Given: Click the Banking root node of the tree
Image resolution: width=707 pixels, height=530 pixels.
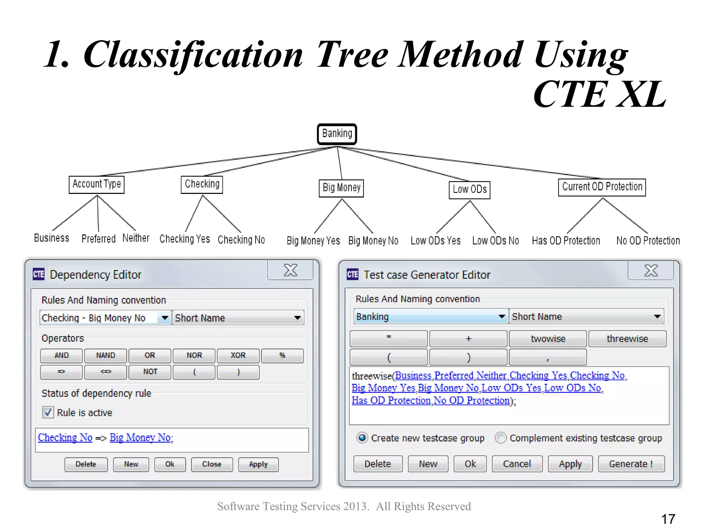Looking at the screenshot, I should tap(337, 134).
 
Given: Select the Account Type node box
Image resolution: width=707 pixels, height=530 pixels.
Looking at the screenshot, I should tap(97, 185).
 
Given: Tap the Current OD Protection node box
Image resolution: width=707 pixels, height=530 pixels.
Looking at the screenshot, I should tap(602, 187).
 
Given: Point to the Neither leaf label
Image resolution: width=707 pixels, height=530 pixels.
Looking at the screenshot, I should tap(136, 238).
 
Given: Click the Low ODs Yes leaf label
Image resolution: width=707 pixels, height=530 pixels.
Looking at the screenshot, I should tap(435, 241).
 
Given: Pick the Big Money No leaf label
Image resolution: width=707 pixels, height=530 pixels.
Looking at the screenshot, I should tap(373, 241).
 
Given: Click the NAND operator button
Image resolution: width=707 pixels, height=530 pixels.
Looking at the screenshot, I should tap(106, 355).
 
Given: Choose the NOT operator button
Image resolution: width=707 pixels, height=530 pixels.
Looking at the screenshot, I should tap(150, 372).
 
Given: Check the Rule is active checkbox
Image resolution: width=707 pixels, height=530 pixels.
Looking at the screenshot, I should tap(48, 412).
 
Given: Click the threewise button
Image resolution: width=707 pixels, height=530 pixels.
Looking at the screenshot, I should tap(627, 339).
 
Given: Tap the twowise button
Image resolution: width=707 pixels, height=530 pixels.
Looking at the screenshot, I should tap(548, 339).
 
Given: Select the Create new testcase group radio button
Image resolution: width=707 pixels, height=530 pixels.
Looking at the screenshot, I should tap(362, 438).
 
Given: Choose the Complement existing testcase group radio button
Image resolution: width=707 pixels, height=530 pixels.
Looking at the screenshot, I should tap(501, 438).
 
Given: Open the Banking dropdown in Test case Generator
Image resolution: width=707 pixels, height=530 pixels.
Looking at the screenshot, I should tap(502, 316).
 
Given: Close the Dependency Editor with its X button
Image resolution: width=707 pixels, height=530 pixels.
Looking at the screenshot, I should tap(290, 270).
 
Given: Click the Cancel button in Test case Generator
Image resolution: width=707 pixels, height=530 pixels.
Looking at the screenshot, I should tap(517, 464).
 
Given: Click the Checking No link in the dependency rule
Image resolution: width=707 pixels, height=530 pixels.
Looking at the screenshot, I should tap(65, 438).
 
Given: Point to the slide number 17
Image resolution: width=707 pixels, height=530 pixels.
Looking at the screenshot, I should tap(668, 519).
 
